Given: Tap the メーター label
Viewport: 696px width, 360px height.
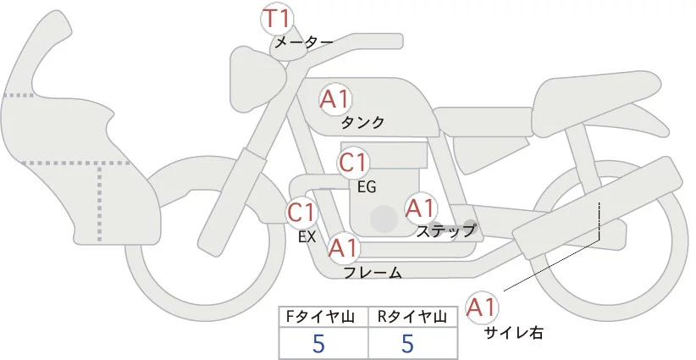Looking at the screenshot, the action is pyautogui.click(x=302, y=42).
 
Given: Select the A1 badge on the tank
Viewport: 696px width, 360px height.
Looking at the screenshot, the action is pyautogui.click(x=335, y=99).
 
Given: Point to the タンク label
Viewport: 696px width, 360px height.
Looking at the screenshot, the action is pyautogui.click(x=362, y=122).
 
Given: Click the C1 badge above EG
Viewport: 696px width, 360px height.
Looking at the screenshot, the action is pyautogui.click(x=354, y=163).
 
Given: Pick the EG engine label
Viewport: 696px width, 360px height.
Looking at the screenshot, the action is pyautogui.click(x=367, y=185).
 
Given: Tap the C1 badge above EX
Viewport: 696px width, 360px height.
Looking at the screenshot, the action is pyautogui.click(x=301, y=212).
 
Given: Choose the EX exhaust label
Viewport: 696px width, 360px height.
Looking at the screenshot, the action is pyautogui.click(x=307, y=237).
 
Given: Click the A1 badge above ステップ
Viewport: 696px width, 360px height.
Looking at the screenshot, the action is pyautogui.click(x=420, y=208).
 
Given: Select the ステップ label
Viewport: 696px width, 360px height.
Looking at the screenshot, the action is pyautogui.click(x=445, y=230).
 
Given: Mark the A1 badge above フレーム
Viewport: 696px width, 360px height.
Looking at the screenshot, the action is pyautogui.click(x=344, y=248).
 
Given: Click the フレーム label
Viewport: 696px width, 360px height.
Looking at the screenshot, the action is pyautogui.click(x=373, y=272).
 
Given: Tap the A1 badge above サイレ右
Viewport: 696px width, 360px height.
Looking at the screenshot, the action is pyautogui.click(x=483, y=307).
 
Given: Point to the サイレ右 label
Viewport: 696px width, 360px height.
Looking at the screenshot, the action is pyautogui.click(x=512, y=332).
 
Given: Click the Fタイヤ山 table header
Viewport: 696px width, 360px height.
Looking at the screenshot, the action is pyautogui.click(x=323, y=317).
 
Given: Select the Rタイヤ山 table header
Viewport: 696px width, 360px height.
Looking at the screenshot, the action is pyautogui.click(x=412, y=317).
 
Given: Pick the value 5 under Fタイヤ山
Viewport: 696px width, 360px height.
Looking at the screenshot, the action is pyautogui.click(x=319, y=343).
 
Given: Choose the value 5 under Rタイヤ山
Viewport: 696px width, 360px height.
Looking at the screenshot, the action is pyautogui.click(x=407, y=343).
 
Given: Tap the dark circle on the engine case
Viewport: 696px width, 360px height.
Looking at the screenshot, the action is pyautogui.click(x=384, y=219).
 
